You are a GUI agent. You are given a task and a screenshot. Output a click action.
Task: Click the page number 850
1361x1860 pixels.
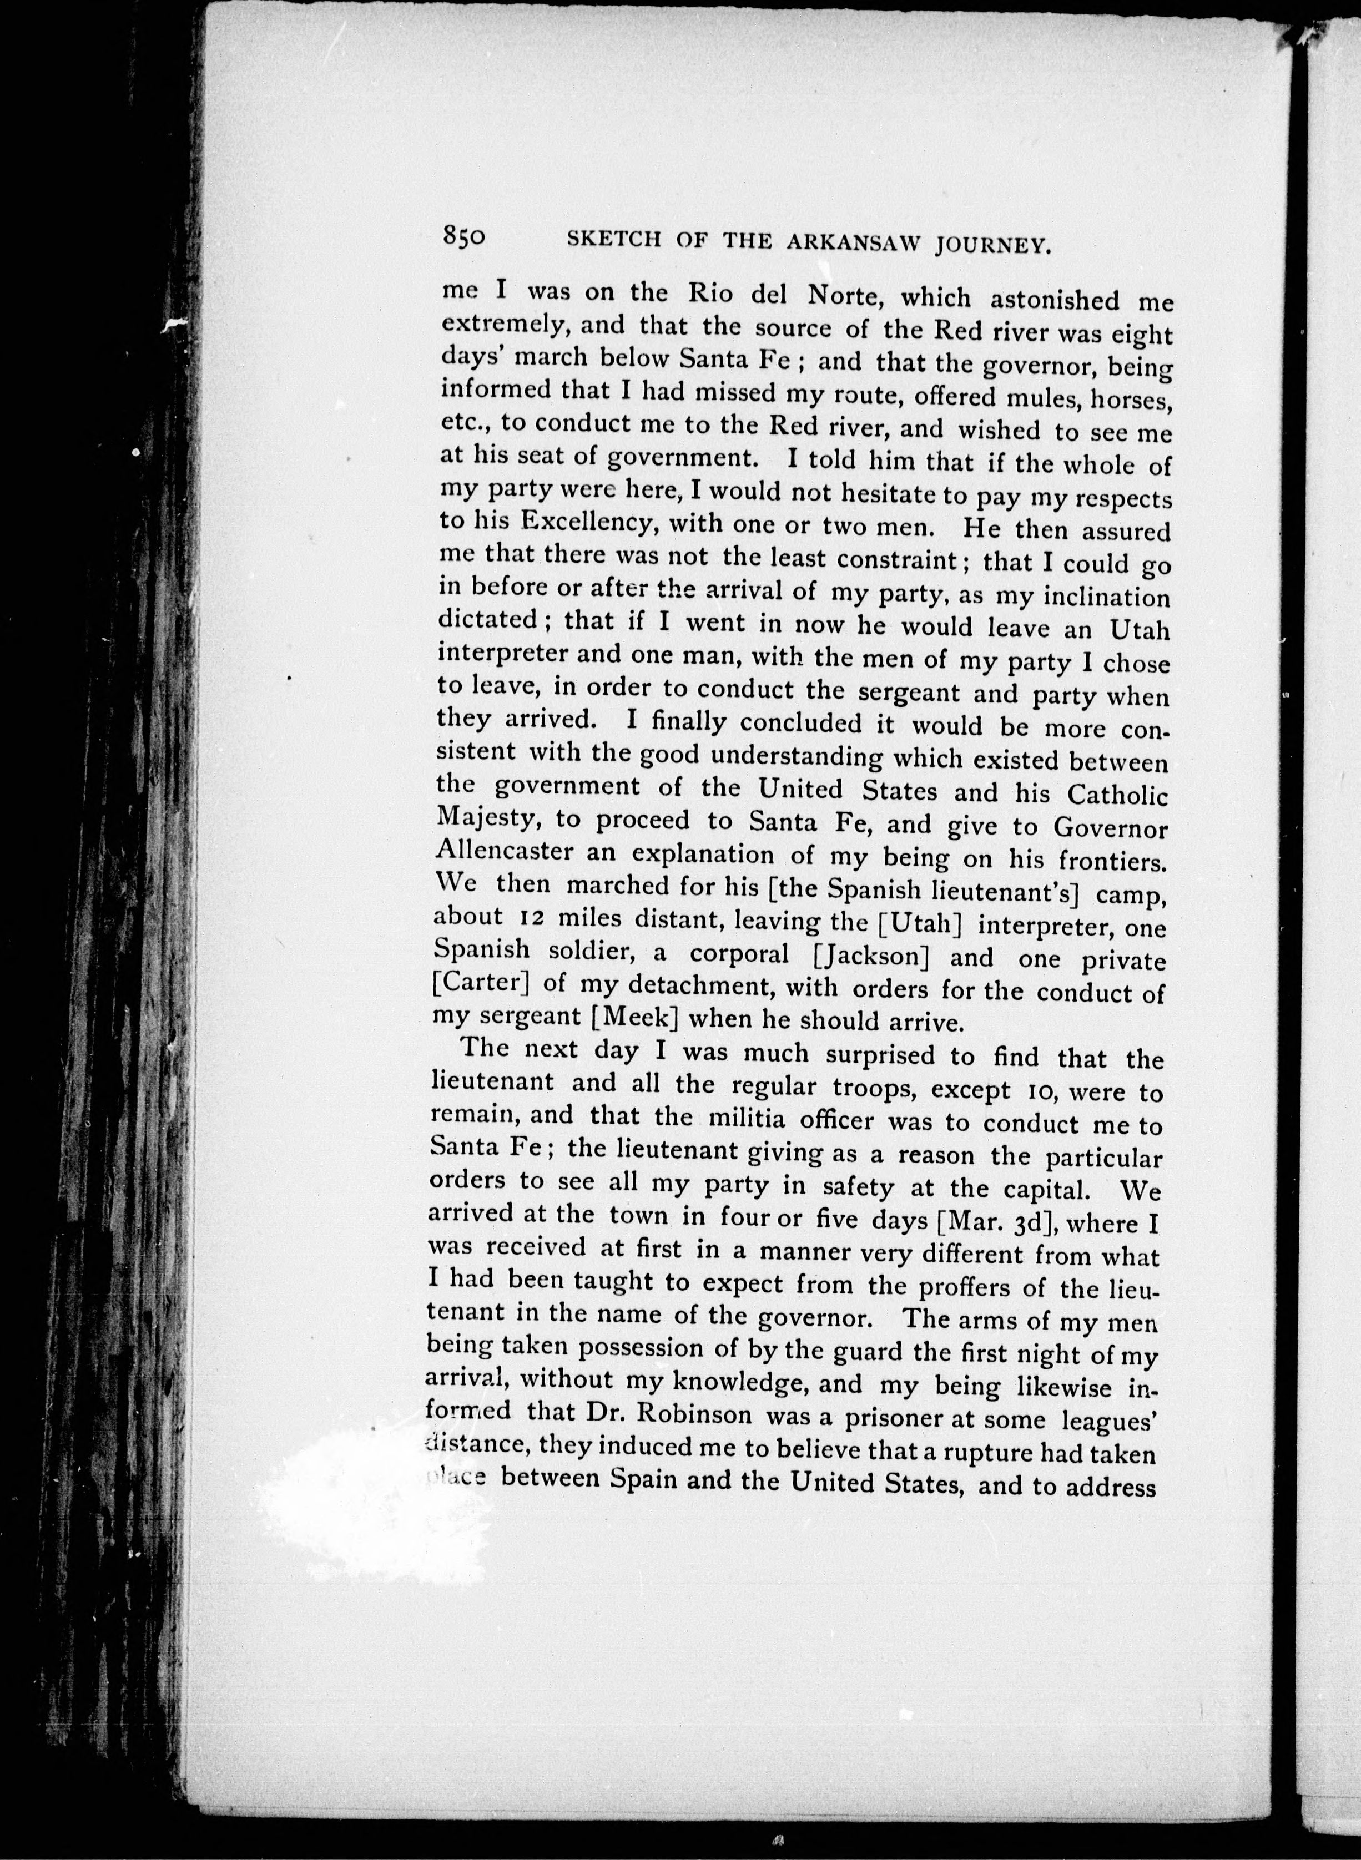(465, 236)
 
